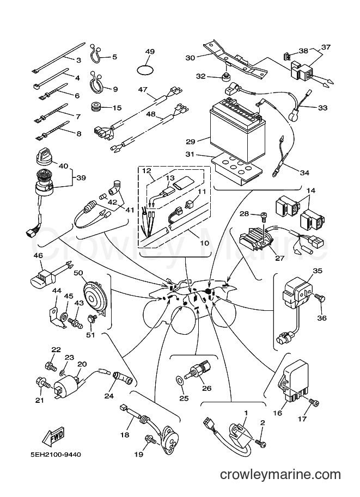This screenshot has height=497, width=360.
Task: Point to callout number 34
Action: coord(304,173)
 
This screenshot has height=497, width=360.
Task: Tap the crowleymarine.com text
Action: coord(280,475)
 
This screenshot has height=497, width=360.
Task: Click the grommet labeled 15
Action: coord(95,107)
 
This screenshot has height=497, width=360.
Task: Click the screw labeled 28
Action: coord(263,216)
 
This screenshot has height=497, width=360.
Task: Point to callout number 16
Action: coord(278,413)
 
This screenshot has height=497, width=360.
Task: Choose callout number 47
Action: coord(143,89)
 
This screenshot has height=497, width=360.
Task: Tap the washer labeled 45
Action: coord(64,316)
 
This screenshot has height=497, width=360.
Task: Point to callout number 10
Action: coord(205,243)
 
